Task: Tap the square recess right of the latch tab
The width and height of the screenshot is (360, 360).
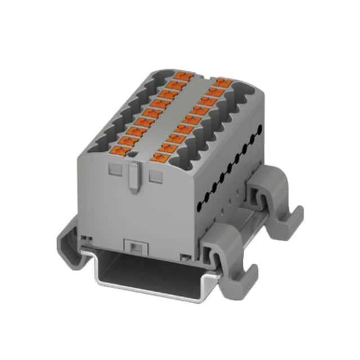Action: coord(155,176)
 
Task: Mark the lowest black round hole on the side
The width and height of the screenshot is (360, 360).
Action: coord(198,201)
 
